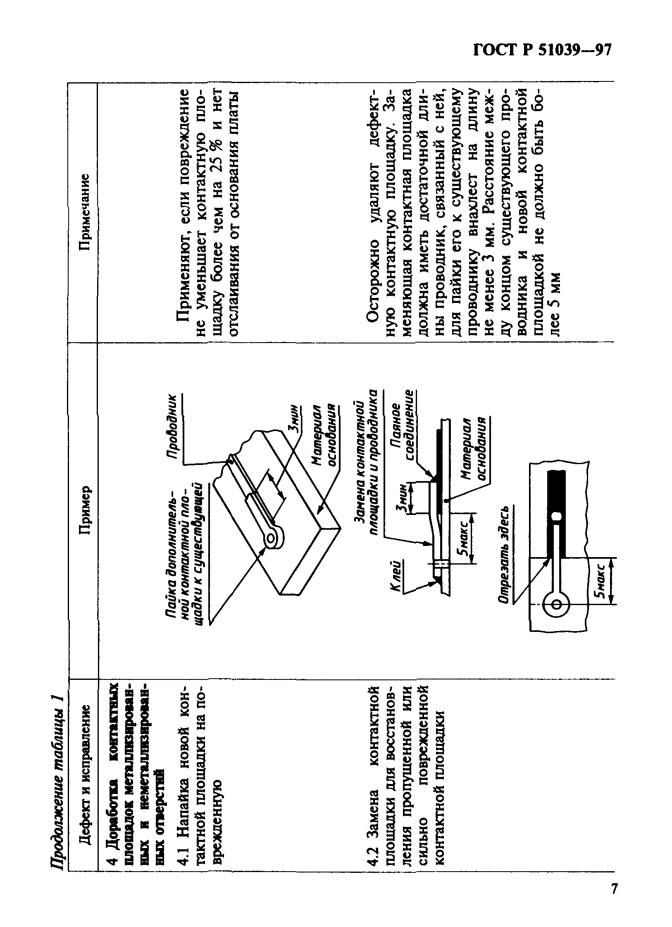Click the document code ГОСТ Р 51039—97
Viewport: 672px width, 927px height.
[x=541, y=51]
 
